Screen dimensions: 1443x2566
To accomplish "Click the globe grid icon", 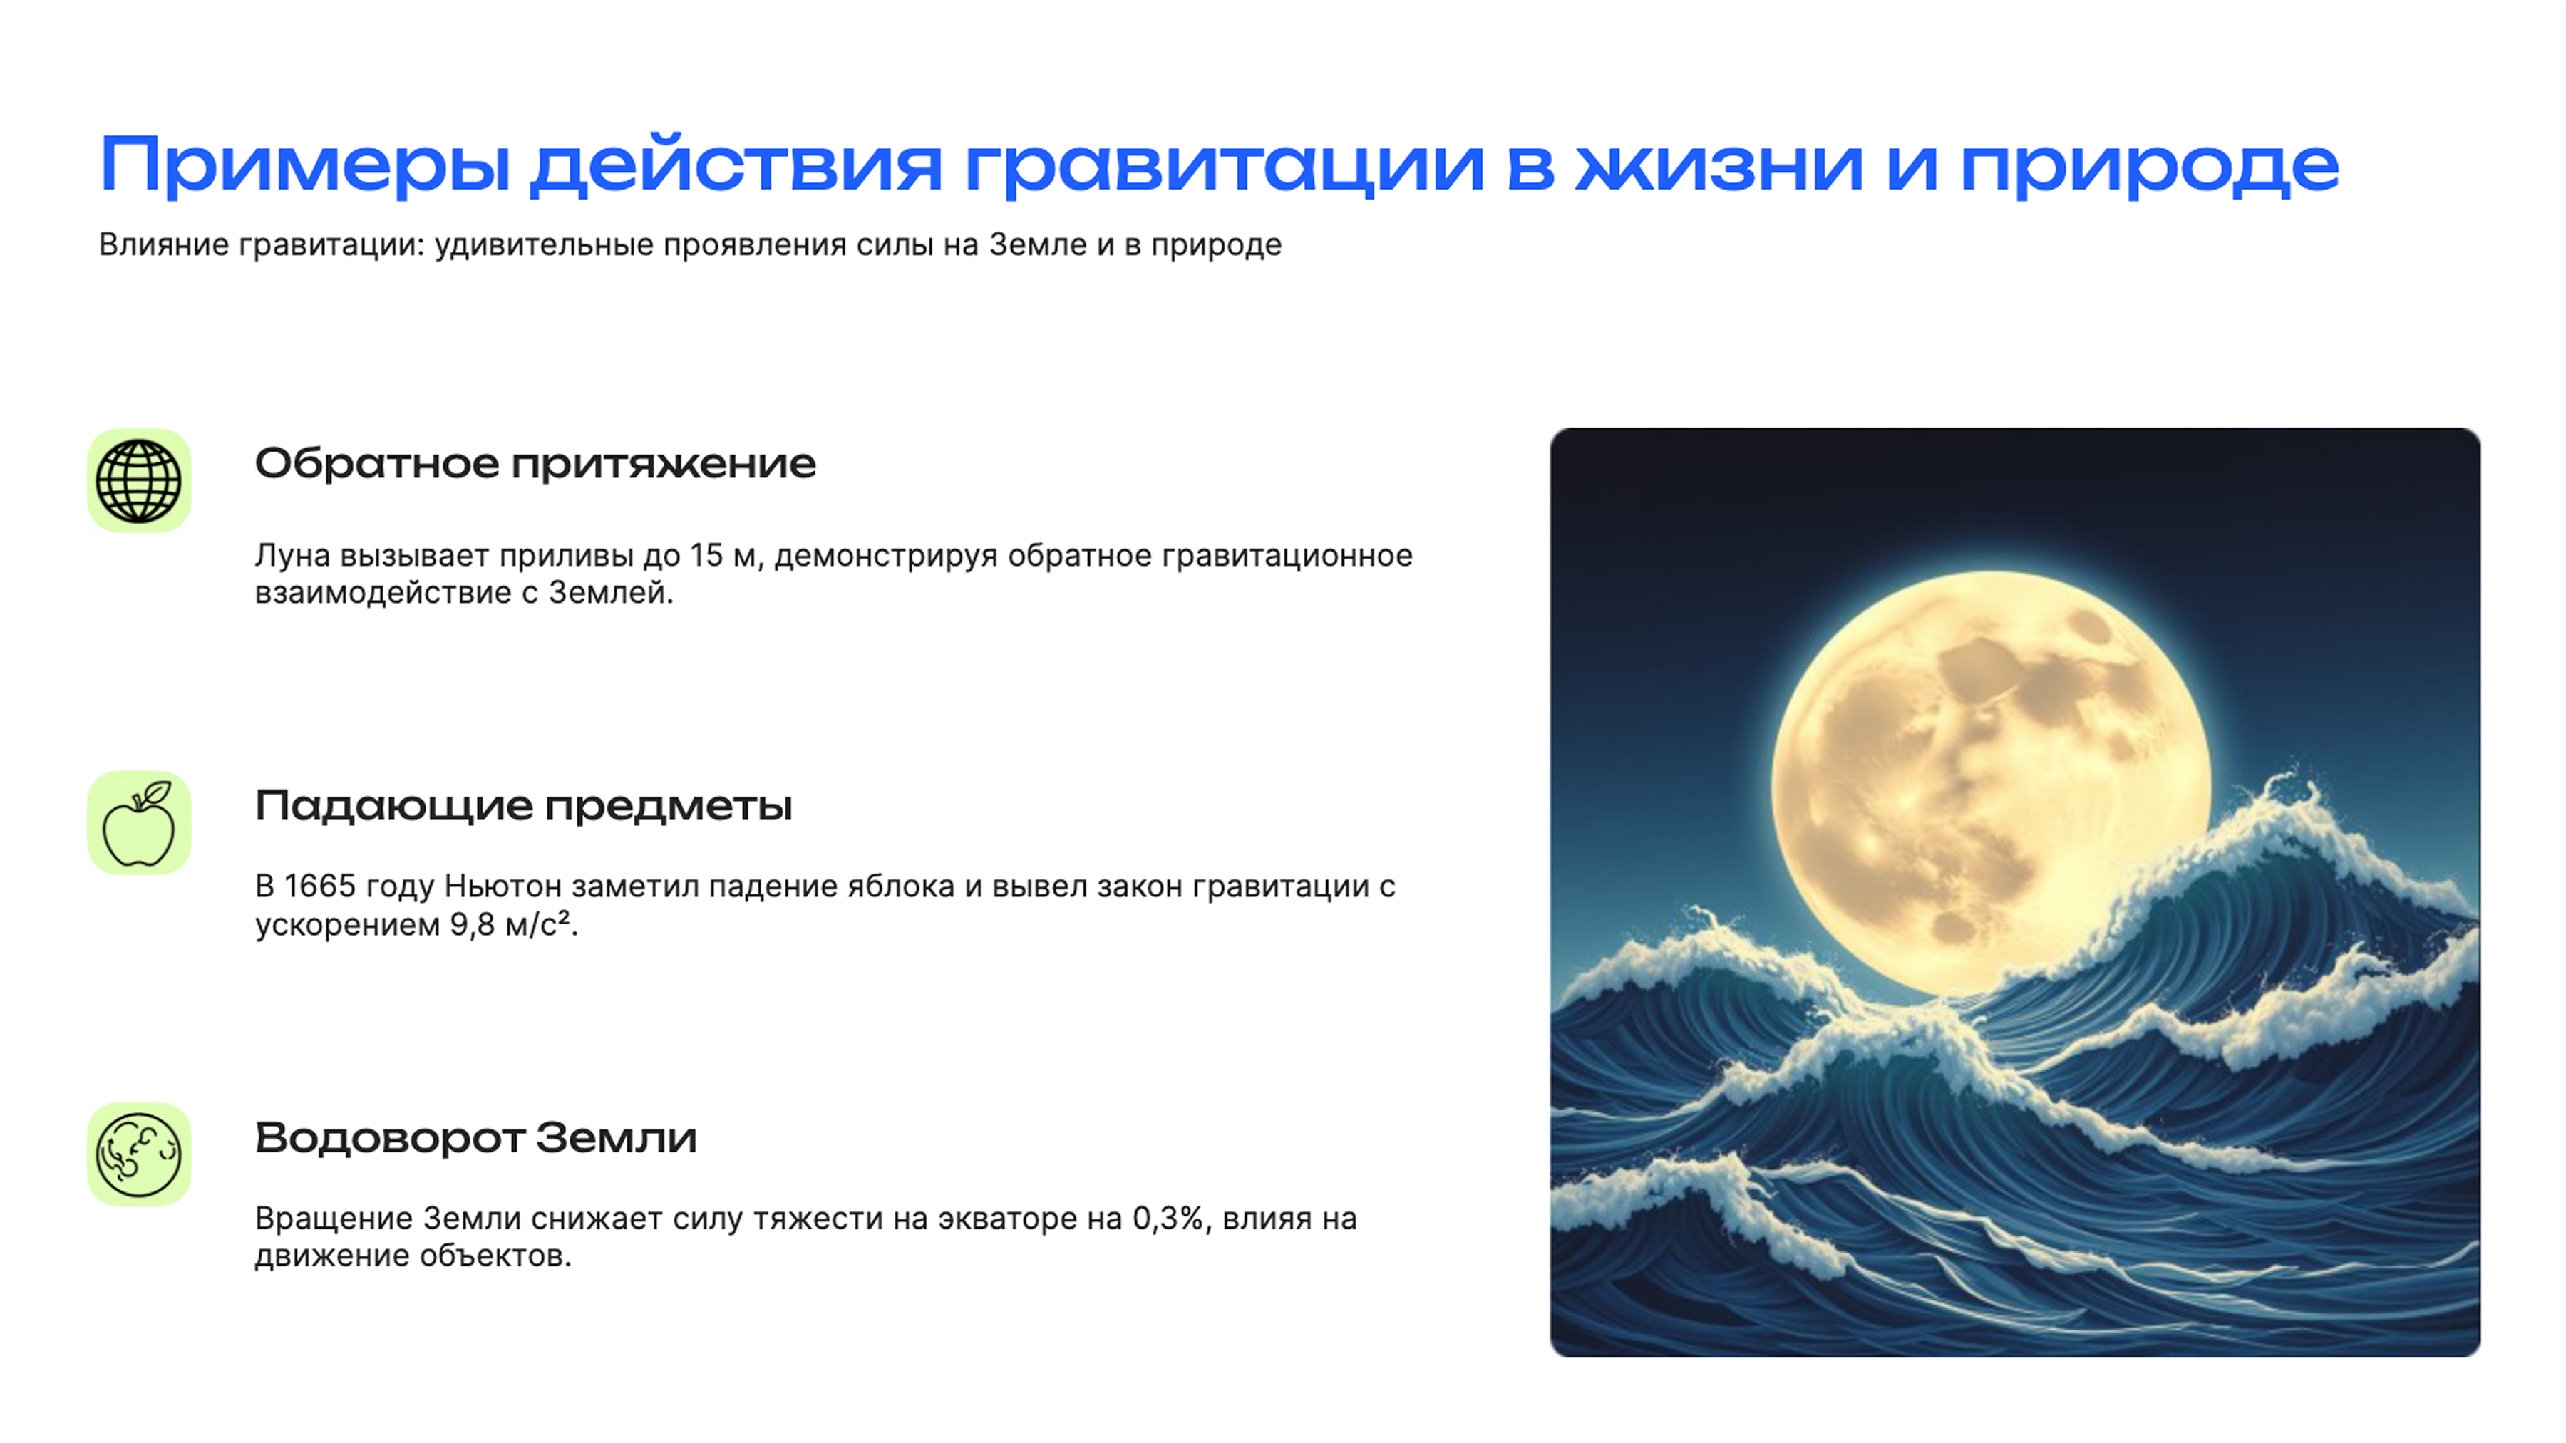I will [138, 481].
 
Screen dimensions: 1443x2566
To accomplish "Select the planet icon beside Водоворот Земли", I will [138, 1154].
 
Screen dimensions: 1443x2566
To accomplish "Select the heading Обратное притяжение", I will [535, 464].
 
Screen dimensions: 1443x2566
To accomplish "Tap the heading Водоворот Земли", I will [475, 1137].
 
